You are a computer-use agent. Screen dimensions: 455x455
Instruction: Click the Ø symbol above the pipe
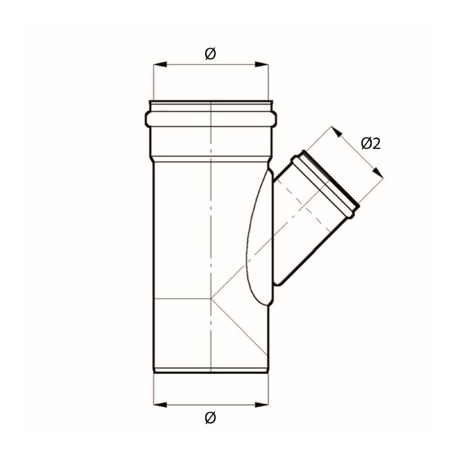point(210,54)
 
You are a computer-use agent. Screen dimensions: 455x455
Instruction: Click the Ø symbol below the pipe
point(210,417)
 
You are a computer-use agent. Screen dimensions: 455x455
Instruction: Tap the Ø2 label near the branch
point(370,144)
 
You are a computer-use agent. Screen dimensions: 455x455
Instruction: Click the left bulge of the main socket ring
point(148,119)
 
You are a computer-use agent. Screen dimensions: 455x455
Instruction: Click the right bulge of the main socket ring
point(274,119)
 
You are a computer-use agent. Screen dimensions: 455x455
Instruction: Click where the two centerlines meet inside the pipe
point(212,298)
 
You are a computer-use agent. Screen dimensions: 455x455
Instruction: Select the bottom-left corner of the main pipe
point(154,372)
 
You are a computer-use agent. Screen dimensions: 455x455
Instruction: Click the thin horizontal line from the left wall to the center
point(182,298)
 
